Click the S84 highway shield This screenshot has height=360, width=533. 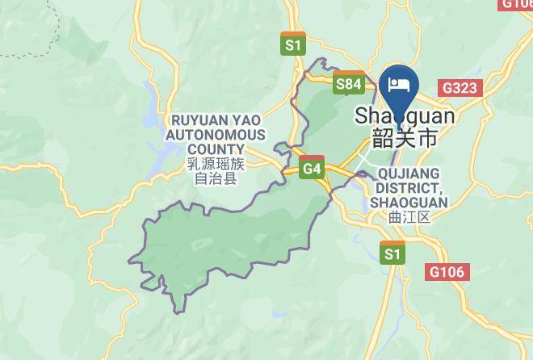click(x=349, y=82)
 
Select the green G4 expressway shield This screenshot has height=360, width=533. click(x=312, y=168)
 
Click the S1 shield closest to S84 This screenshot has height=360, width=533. click(x=293, y=44)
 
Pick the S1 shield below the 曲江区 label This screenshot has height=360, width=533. click(x=392, y=253)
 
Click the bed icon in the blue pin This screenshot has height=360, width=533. click(x=399, y=85)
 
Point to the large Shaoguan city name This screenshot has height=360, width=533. click(x=405, y=117)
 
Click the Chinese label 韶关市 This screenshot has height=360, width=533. click(x=405, y=138)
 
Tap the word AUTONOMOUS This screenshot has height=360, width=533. click(x=215, y=135)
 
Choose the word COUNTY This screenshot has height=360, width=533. click(x=215, y=149)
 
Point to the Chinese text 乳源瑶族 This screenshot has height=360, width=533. click(x=215, y=164)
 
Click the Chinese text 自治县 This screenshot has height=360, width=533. click(x=215, y=178)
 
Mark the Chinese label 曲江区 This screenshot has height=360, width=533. click(x=409, y=217)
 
